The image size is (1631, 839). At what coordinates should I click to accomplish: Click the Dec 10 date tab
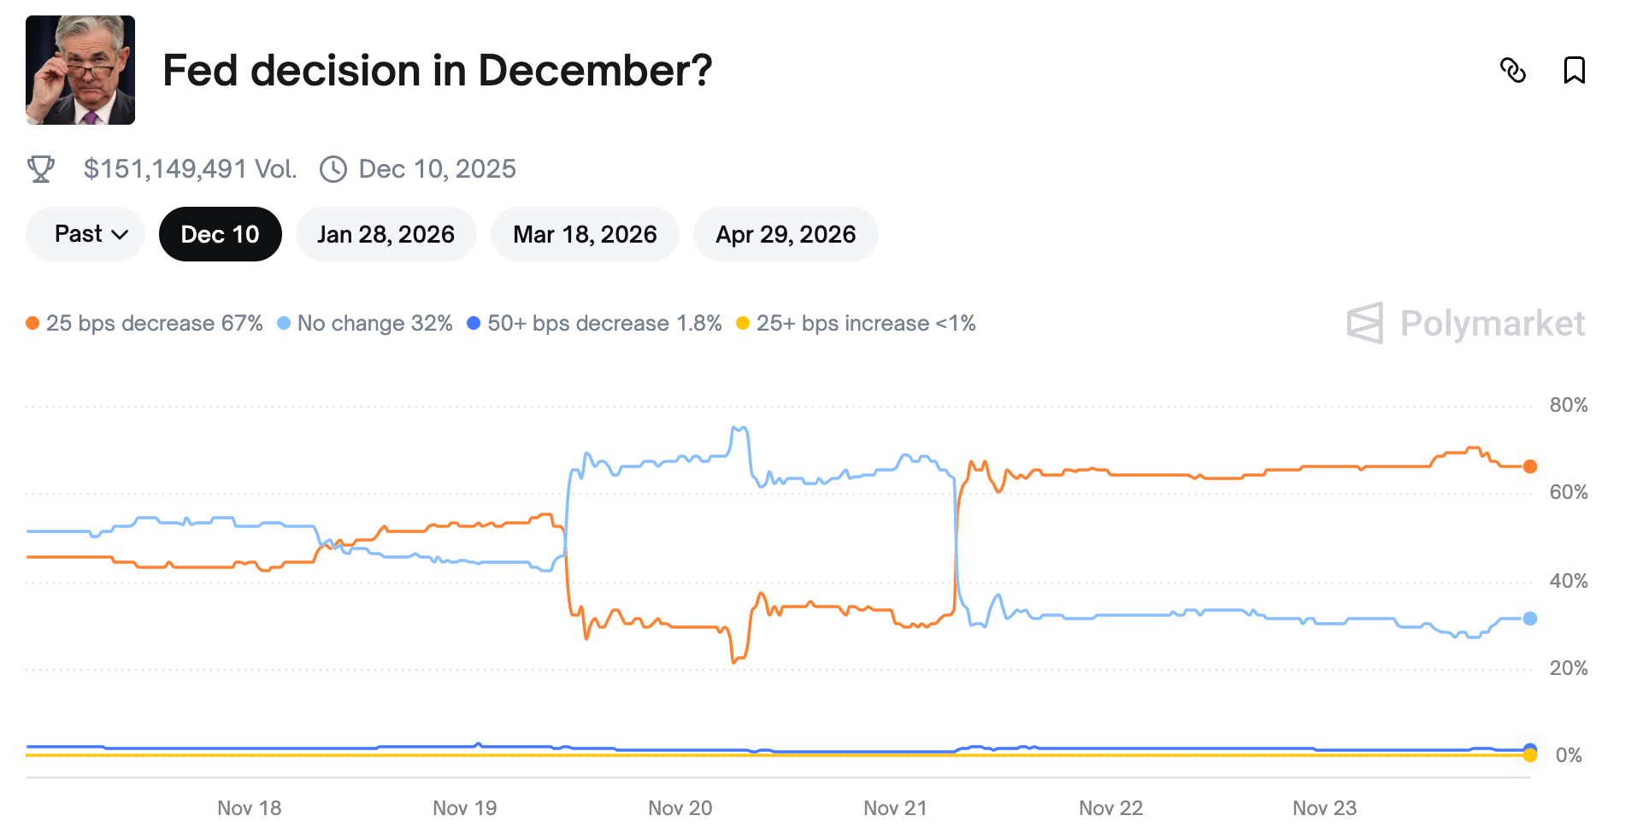(x=220, y=234)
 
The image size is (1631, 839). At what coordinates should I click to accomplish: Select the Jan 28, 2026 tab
(x=386, y=234)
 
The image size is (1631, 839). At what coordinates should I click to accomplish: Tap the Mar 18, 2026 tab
(x=585, y=234)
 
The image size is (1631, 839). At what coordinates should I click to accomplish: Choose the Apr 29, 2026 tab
(x=786, y=234)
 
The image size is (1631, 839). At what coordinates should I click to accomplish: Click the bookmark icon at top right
(x=1574, y=70)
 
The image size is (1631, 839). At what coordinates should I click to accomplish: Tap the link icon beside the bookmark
(x=1513, y=70)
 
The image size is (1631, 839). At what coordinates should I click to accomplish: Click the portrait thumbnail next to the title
(x=80, y=70)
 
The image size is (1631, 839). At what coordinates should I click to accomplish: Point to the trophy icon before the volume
(x=41, y=169)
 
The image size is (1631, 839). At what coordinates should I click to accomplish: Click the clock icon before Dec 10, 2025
(x=333, y=169)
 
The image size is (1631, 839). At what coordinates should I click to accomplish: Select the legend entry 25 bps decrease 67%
(x=144, y=323)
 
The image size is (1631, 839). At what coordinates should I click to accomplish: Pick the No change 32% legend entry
(x=365, y=323)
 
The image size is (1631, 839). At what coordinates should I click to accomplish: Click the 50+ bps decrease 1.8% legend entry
(x=595, y=323)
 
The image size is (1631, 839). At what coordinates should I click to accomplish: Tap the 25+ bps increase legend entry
(x=857, y=323)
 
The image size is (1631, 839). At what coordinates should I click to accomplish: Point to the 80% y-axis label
(x=1569, y=405)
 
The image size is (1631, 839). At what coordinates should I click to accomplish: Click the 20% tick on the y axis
(x=1569, y=668)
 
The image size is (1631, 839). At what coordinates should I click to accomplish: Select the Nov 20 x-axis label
(x=680, y=808)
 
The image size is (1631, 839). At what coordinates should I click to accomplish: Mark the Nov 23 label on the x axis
(x=1324, y=808)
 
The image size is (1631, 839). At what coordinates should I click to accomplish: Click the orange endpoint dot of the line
(x=1530, y=466)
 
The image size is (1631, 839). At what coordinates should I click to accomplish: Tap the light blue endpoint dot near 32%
(x=1530, y=619)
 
